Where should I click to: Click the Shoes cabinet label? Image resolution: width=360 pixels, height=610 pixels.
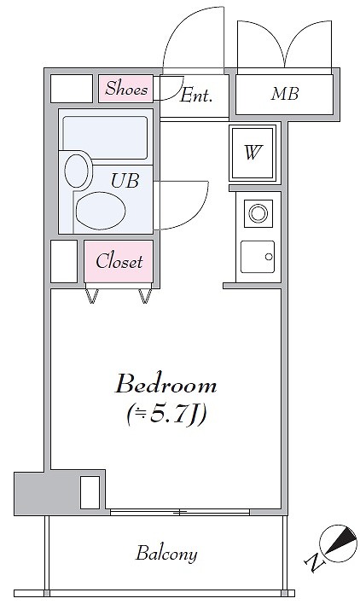pos(126,89)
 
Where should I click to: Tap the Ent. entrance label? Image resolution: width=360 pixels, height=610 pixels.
pos(196,96)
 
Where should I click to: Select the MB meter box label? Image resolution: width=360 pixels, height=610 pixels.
pos(285,94)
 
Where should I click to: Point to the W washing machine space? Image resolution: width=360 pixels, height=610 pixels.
pos(253,152)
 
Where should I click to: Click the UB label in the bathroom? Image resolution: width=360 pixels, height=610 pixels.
pos(125,181)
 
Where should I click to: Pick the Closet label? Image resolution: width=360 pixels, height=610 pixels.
pos(119,261)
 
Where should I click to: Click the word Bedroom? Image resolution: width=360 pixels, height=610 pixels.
pos(165,385)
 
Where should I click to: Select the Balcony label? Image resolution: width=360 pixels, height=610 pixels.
pos(166,554)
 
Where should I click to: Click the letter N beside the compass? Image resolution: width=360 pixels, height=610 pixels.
pos(312,561)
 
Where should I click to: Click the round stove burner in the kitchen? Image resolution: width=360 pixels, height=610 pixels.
pos(258,213)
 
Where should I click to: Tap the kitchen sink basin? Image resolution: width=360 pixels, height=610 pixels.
pos(258,257)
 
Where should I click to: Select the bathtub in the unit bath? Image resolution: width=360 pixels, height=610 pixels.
pos(105,137)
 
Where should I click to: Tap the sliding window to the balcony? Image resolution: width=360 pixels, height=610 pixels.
pos(180,512)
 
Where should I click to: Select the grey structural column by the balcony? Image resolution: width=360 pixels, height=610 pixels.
pos(60,493)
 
